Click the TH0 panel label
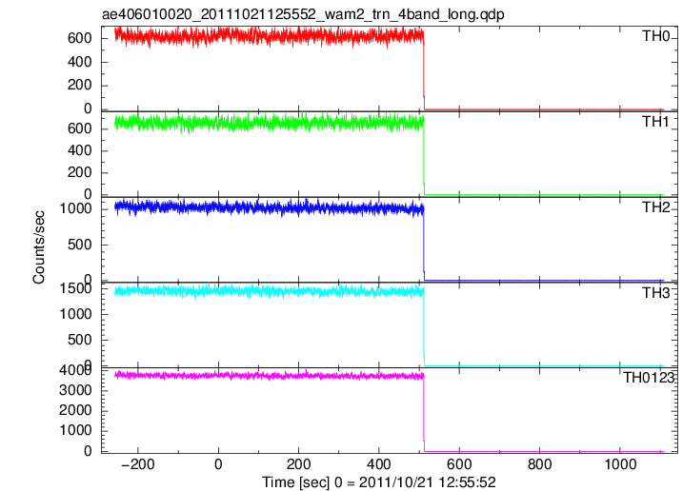pos(655,36)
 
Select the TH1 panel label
pos(655,122)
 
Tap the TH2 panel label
pos(655,207)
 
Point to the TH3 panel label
pos(655,293)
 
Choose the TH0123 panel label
pos(649,378)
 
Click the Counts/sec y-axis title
pos(38,246)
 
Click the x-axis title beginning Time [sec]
pos(378,482)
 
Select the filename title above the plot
pos(303,14)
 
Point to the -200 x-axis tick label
pos(137,464)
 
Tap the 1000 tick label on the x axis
pos(620,464)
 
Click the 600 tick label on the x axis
pos(459,464)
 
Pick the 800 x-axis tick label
pos(539,464)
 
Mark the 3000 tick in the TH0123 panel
pos(75,390)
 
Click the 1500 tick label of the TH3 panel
pos(75,288)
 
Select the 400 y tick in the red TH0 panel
pos(80,62)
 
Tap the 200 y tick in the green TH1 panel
pos(80,172)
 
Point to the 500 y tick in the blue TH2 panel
pos(80,245)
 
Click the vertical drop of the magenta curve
pos(424,414)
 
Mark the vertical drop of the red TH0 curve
pos(424,73)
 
